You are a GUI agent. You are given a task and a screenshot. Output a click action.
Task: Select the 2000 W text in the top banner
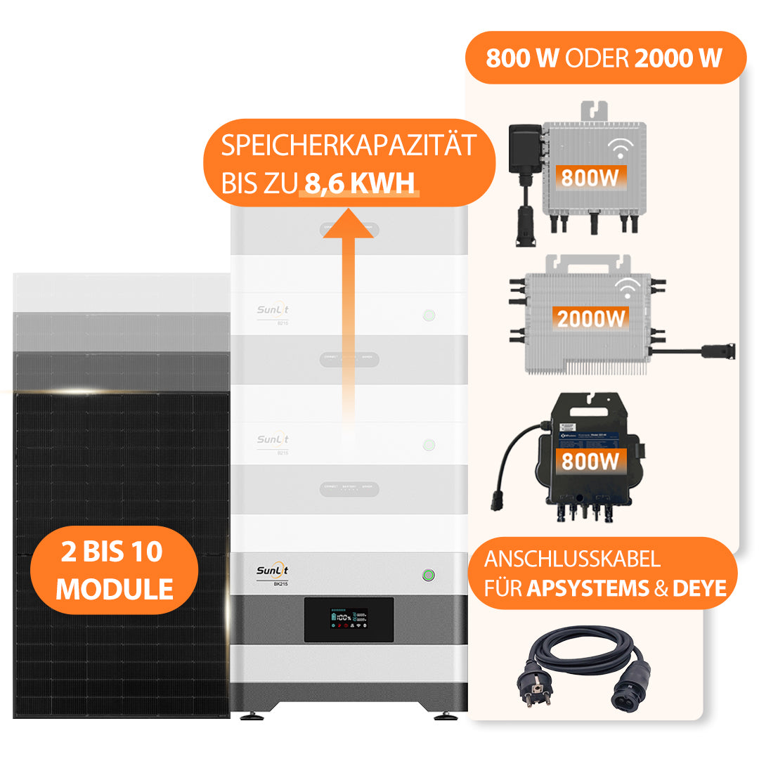[678, 58]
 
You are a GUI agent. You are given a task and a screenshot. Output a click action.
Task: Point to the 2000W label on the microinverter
[591, 318]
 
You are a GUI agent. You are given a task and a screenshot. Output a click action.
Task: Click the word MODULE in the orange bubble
[115, 589]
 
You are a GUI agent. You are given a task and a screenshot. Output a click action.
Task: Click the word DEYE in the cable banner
[699, 588]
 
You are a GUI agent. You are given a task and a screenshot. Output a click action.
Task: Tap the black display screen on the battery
[349, 618]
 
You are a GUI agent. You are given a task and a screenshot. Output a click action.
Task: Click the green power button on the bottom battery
[428, 576]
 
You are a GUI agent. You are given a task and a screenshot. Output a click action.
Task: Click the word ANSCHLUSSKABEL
[572, 559]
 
